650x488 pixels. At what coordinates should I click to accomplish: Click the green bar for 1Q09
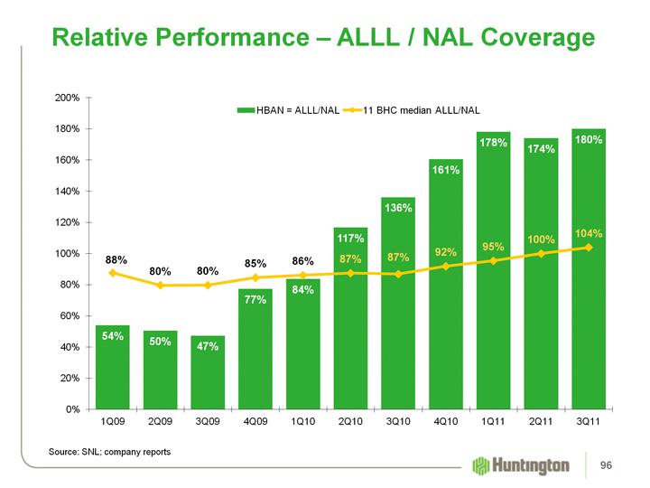coord(113,367)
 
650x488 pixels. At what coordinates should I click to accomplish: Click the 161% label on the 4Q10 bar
coord(446,169)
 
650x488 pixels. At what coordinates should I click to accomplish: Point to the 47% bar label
coord(208,346)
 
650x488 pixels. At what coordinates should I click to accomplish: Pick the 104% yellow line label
coord(588,233)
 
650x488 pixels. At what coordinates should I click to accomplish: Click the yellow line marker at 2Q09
coord(161,286)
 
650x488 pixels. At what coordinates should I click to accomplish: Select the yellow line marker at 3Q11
coord(589,248)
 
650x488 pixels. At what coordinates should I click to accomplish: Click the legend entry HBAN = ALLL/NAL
coord(288,110)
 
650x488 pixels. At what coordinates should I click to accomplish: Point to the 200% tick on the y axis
coord(69,98)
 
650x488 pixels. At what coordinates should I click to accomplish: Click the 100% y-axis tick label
coord(69,254)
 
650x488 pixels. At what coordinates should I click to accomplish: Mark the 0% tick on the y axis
coord(74,409)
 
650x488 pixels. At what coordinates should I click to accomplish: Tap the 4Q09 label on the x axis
coord(255,423)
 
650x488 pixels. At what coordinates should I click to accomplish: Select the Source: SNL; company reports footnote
coord(108,450)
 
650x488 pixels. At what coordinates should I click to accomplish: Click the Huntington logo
coord(522,465)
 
